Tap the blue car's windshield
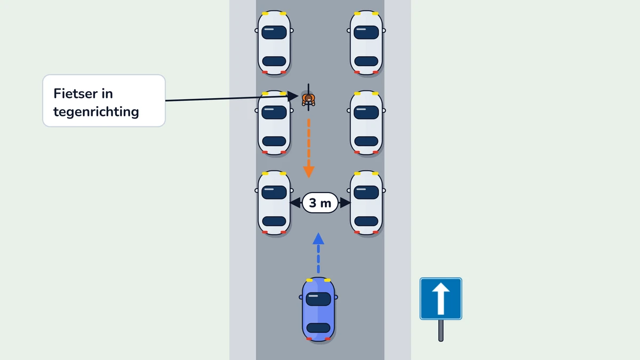[318, 299]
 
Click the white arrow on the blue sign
[441, 299]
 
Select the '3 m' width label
[320, 203]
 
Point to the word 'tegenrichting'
[96, 111]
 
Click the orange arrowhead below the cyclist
[309, 172]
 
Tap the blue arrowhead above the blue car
[318, 238]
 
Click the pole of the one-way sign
[441, 330]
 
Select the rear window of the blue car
[318, 327]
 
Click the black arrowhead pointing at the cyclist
[293, 96]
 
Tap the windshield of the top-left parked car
[274, 33]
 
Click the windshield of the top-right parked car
[366, 33]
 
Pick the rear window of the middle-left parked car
[274, 141]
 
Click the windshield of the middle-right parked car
[366, 113]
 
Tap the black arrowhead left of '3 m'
[295, 203]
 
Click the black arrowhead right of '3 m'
[345, 203]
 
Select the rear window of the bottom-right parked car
[366, 221]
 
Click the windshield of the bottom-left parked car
[274, 193]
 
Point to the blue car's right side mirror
[337, 297]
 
